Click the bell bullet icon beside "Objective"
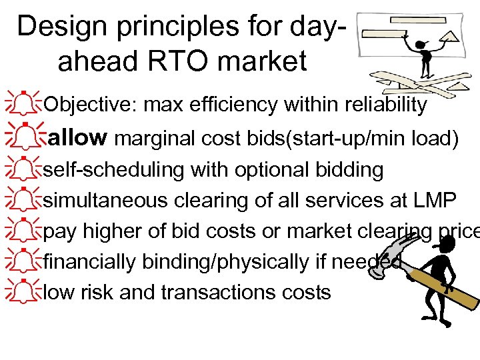tap(23, 103)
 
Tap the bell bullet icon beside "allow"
tap(23, 136)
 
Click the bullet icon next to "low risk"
tap(23, 291)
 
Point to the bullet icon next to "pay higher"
tap(23, 229)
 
